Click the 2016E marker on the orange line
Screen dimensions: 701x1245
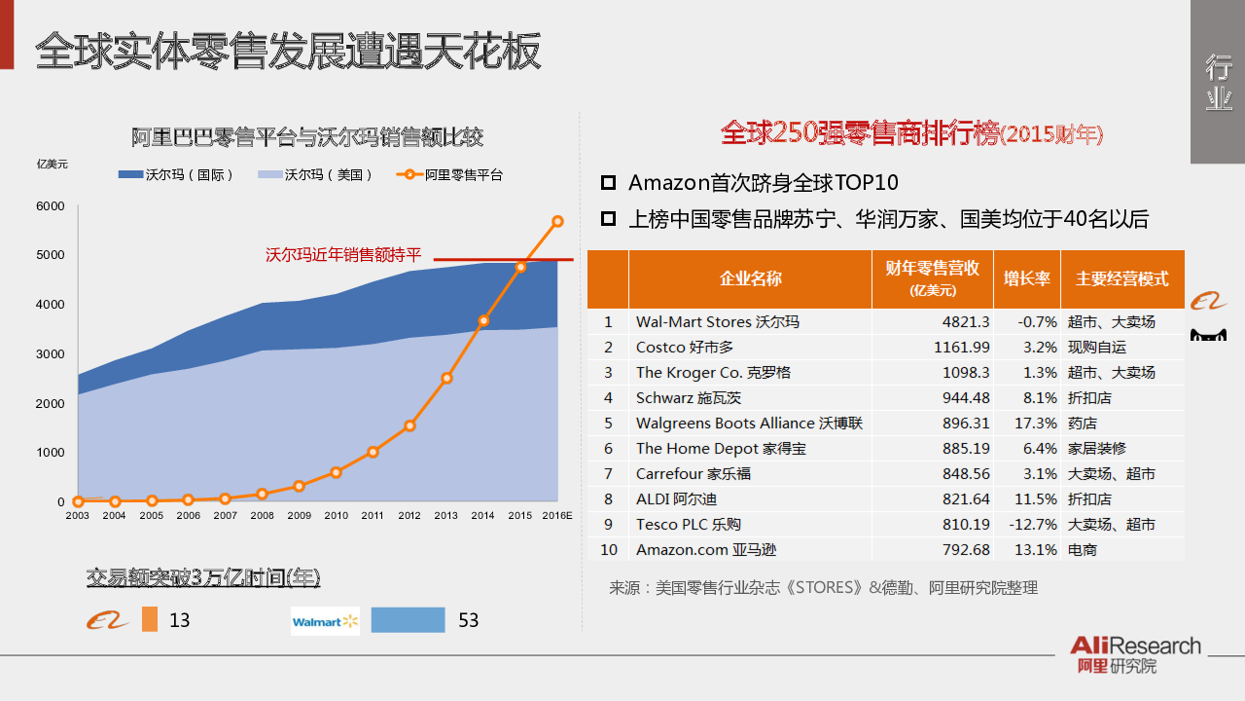(557, 221)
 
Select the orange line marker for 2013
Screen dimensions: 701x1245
(446, 378)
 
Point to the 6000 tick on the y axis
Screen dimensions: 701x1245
(51, 206)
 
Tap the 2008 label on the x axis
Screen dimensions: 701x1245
(263, 516)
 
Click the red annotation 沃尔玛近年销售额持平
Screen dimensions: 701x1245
(344, 255)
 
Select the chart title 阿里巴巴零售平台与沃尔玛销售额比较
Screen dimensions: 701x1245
(307, 137)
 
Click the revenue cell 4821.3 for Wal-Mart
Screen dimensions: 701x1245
(966, 322)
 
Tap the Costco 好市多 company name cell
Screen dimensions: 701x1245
(685, 348)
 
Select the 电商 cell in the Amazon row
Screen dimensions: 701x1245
(1083, 550)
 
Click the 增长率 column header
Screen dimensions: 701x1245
(1027, 278)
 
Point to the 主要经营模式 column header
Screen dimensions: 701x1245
(1121, 278)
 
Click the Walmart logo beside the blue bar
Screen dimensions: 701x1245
(325, 621)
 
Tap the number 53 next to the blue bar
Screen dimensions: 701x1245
(469, 620)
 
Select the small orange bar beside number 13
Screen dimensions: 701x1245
(149, 620)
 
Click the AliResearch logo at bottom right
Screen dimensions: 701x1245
(1135, 653)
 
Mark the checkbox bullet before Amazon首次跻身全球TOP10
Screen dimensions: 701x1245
(609, 183)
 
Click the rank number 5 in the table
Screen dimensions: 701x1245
(609, 424)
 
